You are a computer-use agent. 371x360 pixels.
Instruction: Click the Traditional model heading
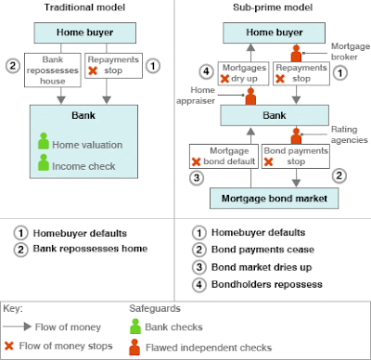[84, 7]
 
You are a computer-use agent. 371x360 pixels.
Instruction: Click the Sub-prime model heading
[273, 7]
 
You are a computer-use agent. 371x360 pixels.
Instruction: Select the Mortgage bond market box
[275, 199]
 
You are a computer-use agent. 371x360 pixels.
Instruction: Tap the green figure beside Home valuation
[44, 141]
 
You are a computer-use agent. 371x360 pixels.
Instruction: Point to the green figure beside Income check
[44, 162]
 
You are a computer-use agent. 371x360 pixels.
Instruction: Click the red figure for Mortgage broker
[296, 54]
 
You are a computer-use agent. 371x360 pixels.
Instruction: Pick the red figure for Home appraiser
[250, 96]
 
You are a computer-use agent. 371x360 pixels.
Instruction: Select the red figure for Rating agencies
[296, 136]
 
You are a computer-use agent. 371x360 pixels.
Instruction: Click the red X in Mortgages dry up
[224, 79]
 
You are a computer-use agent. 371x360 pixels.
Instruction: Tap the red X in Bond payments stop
[268, 161]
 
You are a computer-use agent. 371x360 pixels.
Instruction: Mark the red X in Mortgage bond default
[196, 161]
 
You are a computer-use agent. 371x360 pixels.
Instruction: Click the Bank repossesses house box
[53, 71]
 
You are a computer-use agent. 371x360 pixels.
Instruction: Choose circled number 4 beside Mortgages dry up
[206, 71]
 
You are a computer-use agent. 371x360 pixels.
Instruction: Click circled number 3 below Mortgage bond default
[197, 178]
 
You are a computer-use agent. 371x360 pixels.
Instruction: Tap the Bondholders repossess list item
[267, 284]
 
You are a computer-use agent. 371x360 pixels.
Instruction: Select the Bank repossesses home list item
[90, 249]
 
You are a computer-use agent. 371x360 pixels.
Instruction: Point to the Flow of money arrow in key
[18, 327]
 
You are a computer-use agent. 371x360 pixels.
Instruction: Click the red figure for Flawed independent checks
[134, 347]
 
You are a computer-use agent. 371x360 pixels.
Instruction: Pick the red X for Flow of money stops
[9, 346]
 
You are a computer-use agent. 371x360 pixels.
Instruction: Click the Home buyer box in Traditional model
[85, 32]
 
